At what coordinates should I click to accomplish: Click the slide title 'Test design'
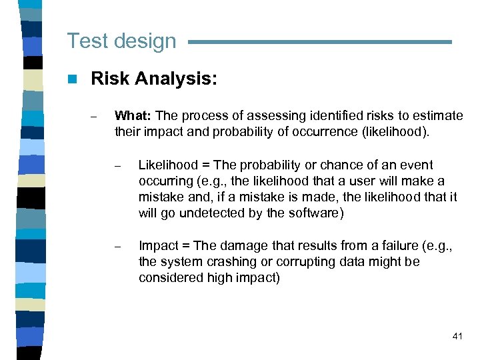pyautogui.click(x=121, y=41)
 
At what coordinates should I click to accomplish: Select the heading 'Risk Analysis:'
pyautogui.click(x=154, y=79)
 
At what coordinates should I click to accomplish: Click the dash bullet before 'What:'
pyautogui.click(x=95, y=117)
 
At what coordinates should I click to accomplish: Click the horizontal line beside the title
pyautogui.click(x=320, y=42)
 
